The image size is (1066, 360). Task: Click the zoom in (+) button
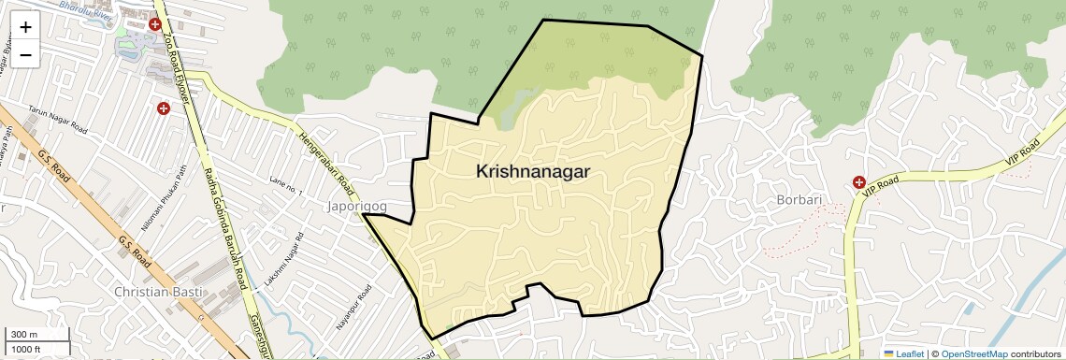(25, 27)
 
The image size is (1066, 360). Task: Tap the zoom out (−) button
(25, 55)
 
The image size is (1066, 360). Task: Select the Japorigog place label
(356, 205)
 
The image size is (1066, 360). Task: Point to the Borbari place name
(799, 200)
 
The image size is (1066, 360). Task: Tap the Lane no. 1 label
(286, 185)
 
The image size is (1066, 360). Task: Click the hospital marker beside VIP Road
(858, 182)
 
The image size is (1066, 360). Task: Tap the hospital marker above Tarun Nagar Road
(164, 108)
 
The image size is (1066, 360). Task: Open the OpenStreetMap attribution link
(973, 353)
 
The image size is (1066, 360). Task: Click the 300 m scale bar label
(24, 334)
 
